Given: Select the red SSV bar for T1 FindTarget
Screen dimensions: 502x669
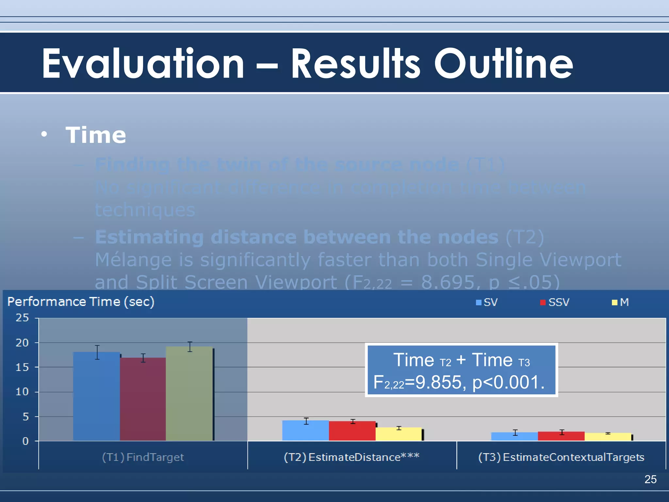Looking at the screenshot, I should click(x=143, y=399).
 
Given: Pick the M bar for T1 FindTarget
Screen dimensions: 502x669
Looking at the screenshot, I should click(x=189, y=393).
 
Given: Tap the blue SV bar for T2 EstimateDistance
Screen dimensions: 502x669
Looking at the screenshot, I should click(x=305, y=430).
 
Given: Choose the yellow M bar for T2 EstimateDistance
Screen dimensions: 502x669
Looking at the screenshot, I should click(x=399, y=434).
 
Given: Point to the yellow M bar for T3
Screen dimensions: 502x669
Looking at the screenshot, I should click(x=608, y=437).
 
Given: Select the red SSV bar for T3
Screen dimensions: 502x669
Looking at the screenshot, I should click(x=561, y=436).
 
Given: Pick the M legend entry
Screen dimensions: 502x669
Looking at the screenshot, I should click(x=620, y=302).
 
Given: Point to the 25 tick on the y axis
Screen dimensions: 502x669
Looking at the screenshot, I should click(x=22, y=318).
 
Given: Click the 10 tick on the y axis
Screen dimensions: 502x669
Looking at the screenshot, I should click(x=22, y=392).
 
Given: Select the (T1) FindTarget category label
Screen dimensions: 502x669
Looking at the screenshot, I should click(x=143, y=457).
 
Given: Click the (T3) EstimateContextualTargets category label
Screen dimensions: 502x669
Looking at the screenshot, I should click(x=561, y=457).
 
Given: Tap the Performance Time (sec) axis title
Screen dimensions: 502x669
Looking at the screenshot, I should click(x=81, y=302).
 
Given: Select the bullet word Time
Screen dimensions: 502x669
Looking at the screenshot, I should click(x=96, y=135).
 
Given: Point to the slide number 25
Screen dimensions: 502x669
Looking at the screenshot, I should click(x=650, y=479).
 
